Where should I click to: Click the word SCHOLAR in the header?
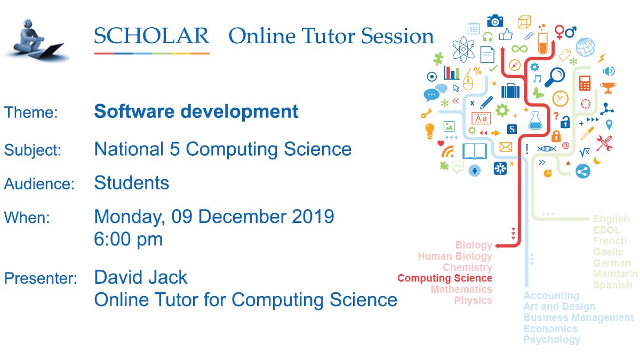coord(151,36)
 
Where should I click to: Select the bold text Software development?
coord(196,112)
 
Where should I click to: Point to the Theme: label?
coord(31,113)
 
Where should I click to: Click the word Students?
coord(132,183)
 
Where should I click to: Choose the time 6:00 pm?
coord(129,239)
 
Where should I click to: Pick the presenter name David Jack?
coord(141,277)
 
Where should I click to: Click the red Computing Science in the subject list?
coord(445,278)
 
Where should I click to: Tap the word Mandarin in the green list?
coord(615,274)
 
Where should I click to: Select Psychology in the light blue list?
coord(551,340)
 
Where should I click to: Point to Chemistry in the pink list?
coord(467,267)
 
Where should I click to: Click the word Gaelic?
coord(608,252)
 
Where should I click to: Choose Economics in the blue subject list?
coord(550,329)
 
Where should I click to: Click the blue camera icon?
coord(495,21)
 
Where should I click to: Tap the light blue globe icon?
coord(585,47)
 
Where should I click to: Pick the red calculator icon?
coord(585,83)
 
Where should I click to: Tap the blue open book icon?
coord(475,151)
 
